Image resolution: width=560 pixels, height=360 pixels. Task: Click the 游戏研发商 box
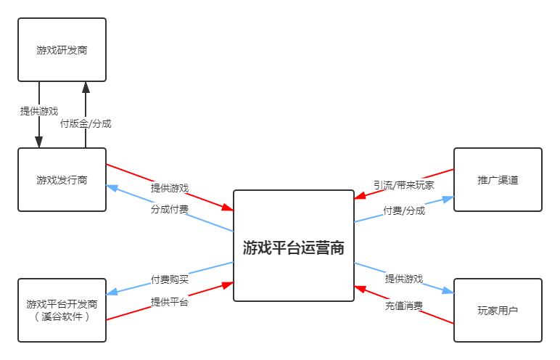(62, 50)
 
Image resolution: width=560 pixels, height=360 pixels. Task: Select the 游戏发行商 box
(62, 180)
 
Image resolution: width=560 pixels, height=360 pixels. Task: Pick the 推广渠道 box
(498, 180)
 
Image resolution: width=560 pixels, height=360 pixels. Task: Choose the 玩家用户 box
(498, 310)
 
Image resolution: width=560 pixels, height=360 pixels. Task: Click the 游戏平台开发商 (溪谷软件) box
(62, 310)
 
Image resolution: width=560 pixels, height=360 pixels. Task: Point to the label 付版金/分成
(86, 124)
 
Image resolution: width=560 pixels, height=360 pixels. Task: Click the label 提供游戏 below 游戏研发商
(39, 111)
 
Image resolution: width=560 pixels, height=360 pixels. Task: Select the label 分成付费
(170, 208)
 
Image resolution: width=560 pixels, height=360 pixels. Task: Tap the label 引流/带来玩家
(404, 185)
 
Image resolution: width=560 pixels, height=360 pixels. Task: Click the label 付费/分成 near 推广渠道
(404, 210)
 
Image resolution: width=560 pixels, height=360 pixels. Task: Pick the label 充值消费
(404, 306)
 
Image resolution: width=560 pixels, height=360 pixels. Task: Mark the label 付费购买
(170, 279)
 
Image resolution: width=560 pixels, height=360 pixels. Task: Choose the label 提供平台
(170, 302)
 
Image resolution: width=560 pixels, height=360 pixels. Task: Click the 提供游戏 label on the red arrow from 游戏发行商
(170, 188)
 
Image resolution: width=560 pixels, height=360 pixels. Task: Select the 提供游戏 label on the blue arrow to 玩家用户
(404, 279)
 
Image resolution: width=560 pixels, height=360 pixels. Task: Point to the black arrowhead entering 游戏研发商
(86, 87)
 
